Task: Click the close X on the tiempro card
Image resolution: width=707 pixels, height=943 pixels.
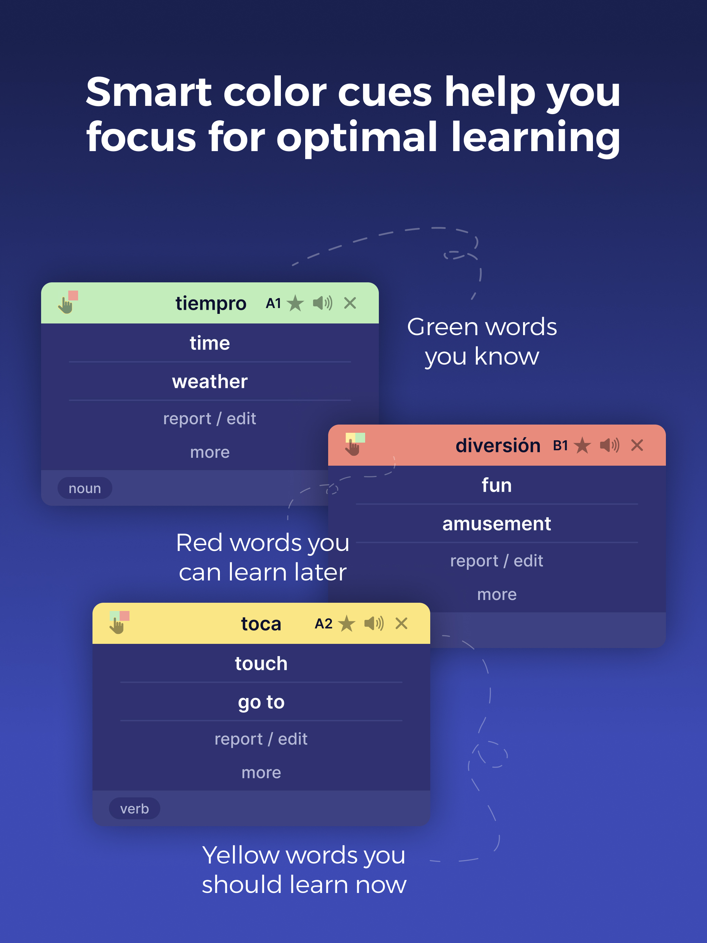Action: coord(350,303)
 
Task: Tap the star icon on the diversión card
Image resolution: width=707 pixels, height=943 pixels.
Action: coord(582,445)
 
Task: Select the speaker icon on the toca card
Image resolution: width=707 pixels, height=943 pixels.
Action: coord(374,623)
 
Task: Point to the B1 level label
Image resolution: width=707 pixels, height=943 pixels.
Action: coord(560,446)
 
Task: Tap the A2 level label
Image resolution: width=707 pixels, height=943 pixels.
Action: coord(323,624)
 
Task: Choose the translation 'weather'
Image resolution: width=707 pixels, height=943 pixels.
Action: coord(210,381)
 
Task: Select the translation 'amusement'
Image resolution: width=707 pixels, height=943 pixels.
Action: coord(496,524)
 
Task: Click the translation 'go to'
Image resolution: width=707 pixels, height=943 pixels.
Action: coord(261,702)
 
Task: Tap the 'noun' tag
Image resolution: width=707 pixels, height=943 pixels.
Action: coord(85,488)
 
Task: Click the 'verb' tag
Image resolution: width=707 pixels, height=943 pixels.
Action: coord(135,809)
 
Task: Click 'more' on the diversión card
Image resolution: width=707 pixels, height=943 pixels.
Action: coord(497,594)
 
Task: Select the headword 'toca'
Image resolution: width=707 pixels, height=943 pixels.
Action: coord(261,624)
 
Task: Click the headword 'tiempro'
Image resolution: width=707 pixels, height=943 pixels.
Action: coord(211,304)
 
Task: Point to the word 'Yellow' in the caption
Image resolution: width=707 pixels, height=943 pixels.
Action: coord(241,856)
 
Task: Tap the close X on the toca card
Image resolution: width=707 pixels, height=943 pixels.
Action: coord(401,623)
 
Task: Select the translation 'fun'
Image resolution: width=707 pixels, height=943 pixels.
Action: coord(496,485)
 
